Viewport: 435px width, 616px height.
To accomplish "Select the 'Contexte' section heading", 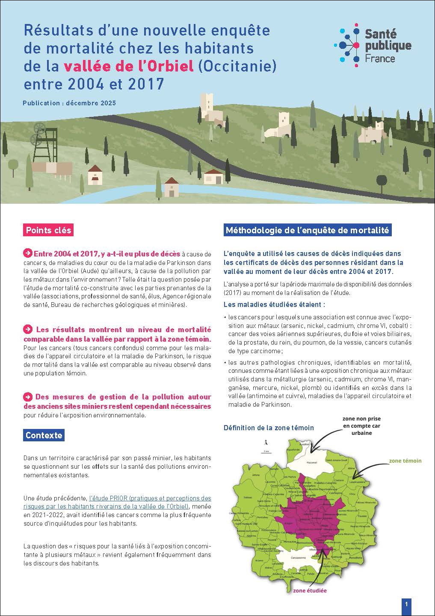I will tap(44, 435).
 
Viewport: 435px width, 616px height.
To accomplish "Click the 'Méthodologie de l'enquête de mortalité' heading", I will tap(307, 230).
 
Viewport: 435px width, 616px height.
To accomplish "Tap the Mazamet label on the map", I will tap(312, 462).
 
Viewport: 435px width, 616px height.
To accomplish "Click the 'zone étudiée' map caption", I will tap(310, 590).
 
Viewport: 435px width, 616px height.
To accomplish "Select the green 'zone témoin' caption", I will tap(405, 461).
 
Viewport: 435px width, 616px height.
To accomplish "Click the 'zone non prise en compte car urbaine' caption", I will tap(361, 426).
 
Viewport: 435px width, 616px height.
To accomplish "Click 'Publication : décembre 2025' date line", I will tap(70, 103).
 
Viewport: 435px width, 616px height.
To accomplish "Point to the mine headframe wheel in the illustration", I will tap(40, 128).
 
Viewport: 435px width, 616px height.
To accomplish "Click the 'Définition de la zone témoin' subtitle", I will tap(269, 428).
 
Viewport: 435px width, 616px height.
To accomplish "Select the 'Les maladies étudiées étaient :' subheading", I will tap(274, 305).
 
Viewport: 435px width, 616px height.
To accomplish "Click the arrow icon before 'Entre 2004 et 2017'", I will tap(28, 253).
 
